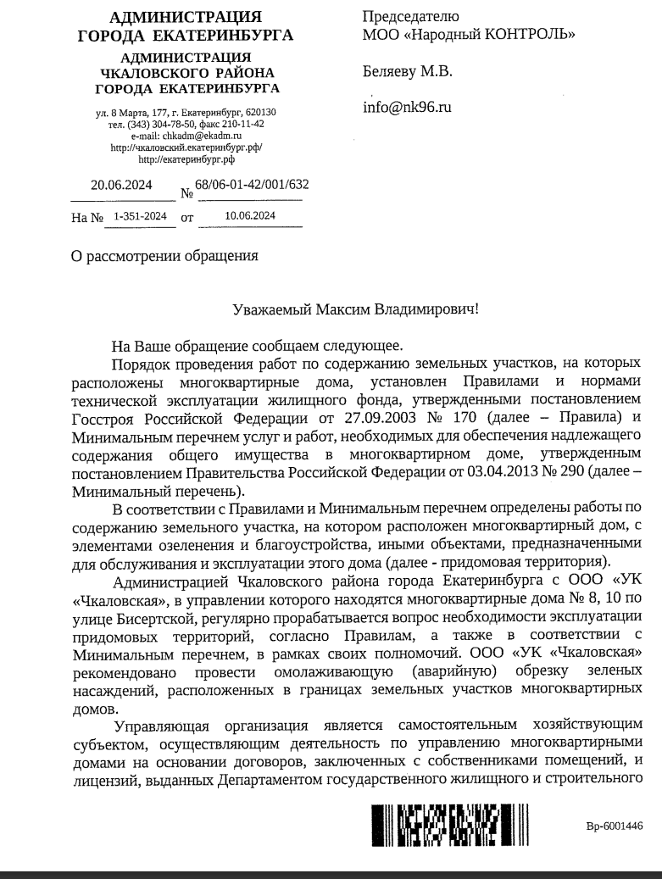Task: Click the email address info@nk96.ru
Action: pyautogui.click(x=407, y=107)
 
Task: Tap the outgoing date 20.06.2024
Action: pyautogui.click(x=121, y=186)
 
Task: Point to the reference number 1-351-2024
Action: pyautogui.click(x=140, y=216)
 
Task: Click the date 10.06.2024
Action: pyautogui.click(x=250, y=216)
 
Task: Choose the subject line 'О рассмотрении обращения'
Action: pyautogui.click(x=164, y=254)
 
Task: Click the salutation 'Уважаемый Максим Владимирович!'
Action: pyautogui.click(x=355, y=309)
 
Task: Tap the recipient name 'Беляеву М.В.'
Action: pyautogui.click(x=408, y=71)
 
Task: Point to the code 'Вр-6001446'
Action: pyautogui.click(x=615, y=826)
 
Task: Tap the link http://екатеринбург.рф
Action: pyautogui.click(x=186, y=159)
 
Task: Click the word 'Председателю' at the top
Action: pyautogui.click(x=411, y=16)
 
